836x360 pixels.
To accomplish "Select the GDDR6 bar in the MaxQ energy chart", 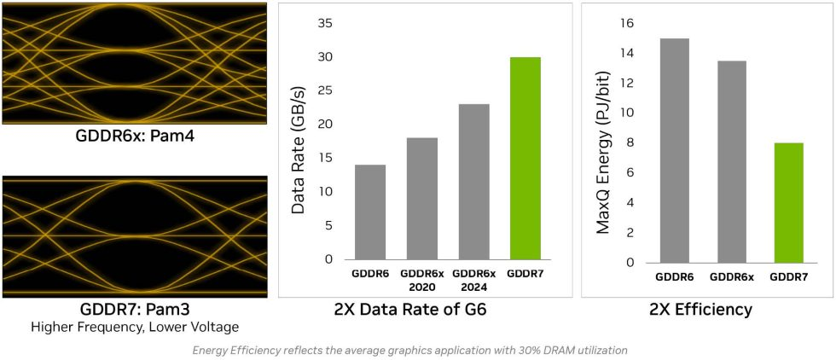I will coord(673,150).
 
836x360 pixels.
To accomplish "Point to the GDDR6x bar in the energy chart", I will coord(730,161).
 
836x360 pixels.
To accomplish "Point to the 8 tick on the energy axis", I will coord(630,142).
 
